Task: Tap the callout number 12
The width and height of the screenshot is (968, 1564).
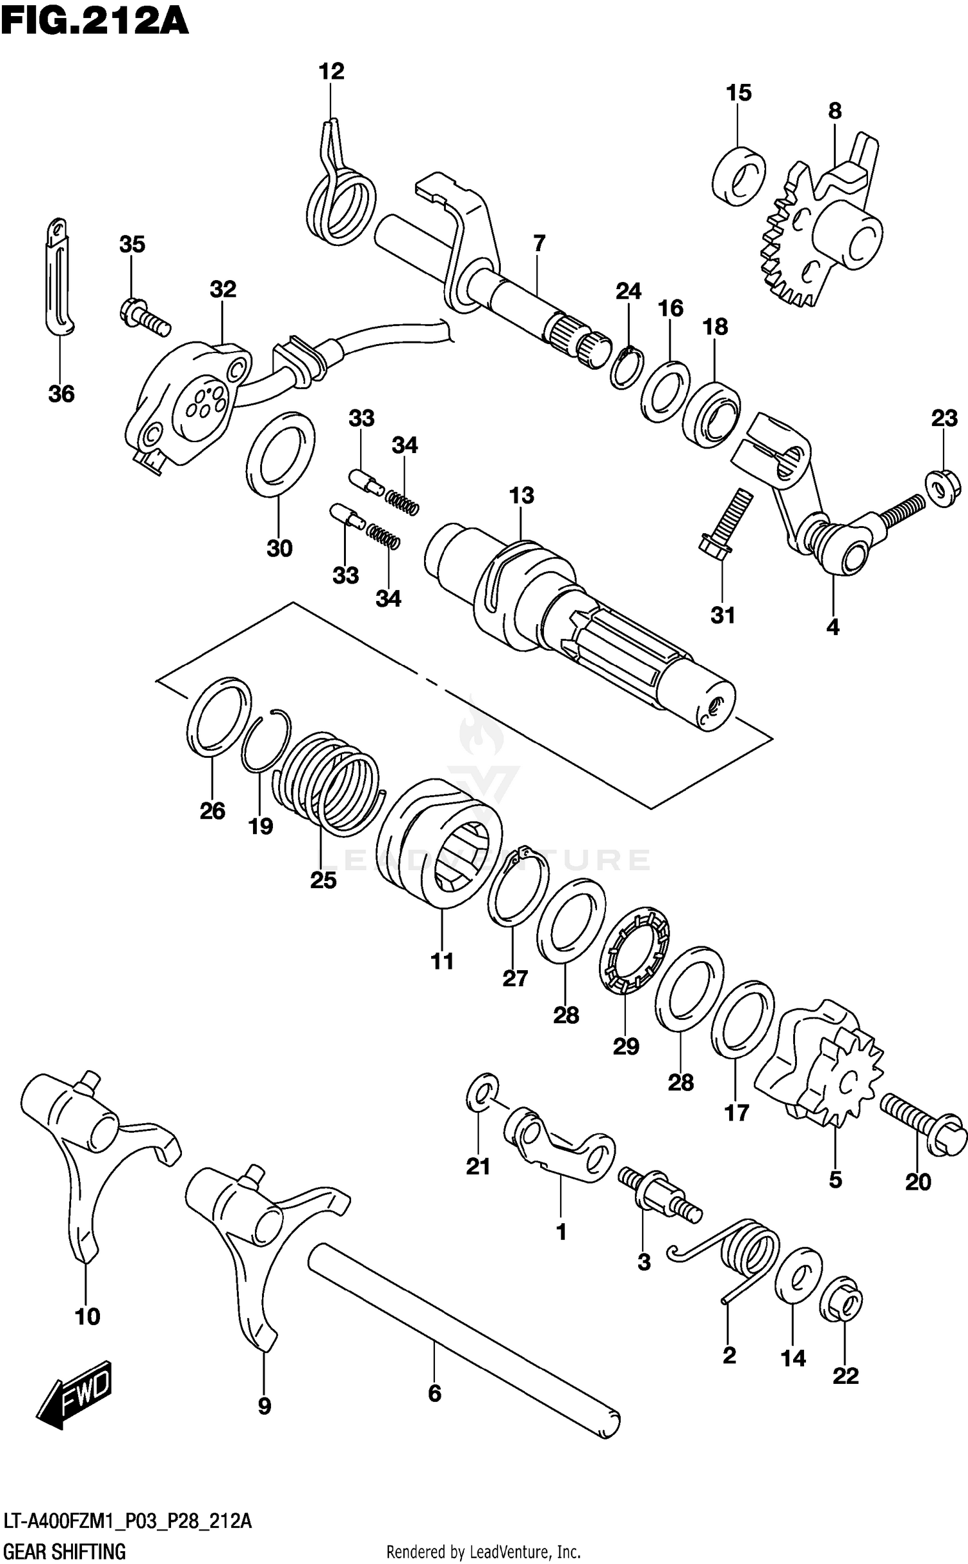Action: tap(331, 71)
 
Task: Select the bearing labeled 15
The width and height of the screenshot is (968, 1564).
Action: tap(739, 176)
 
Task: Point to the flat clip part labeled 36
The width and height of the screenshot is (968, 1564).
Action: tap(59, 278)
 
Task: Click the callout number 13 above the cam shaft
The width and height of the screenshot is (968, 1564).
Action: tap(521, 496)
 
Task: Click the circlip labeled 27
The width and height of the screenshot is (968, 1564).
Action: tap(518, 884)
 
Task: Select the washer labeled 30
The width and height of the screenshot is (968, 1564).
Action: tap(281, 456)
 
